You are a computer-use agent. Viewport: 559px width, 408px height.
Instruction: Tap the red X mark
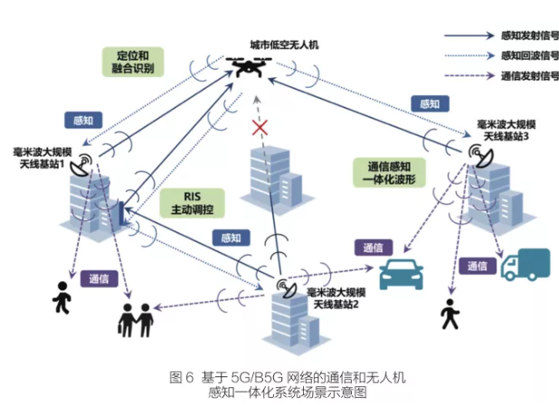click(x=261, y=128)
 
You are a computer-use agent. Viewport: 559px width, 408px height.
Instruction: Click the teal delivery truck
click(x=525, y=264)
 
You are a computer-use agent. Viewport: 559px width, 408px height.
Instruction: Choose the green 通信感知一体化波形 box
click(x=392, y=174)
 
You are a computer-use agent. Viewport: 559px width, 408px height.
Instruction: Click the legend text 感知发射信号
click(x=528, y=37)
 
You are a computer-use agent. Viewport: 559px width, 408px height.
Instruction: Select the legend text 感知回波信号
click(x=528, y=57)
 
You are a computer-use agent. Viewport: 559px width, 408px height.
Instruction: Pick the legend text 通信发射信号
click(x=528, y=77)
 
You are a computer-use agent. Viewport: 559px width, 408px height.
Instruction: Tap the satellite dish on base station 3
click(x=477, y=156)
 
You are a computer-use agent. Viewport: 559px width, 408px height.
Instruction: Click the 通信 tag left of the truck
click(x=476, y=266)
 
